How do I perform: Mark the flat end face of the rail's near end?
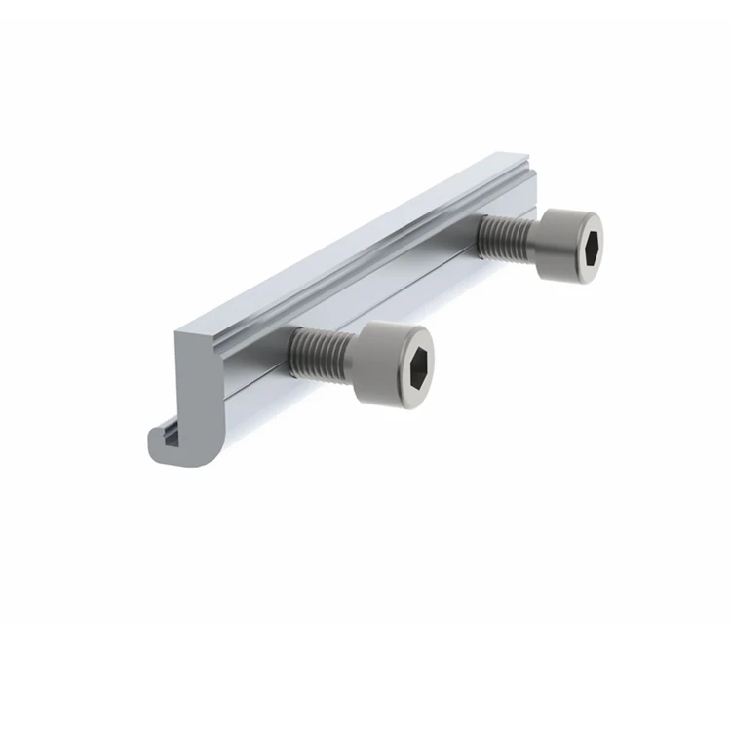[x=194, y=390]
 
